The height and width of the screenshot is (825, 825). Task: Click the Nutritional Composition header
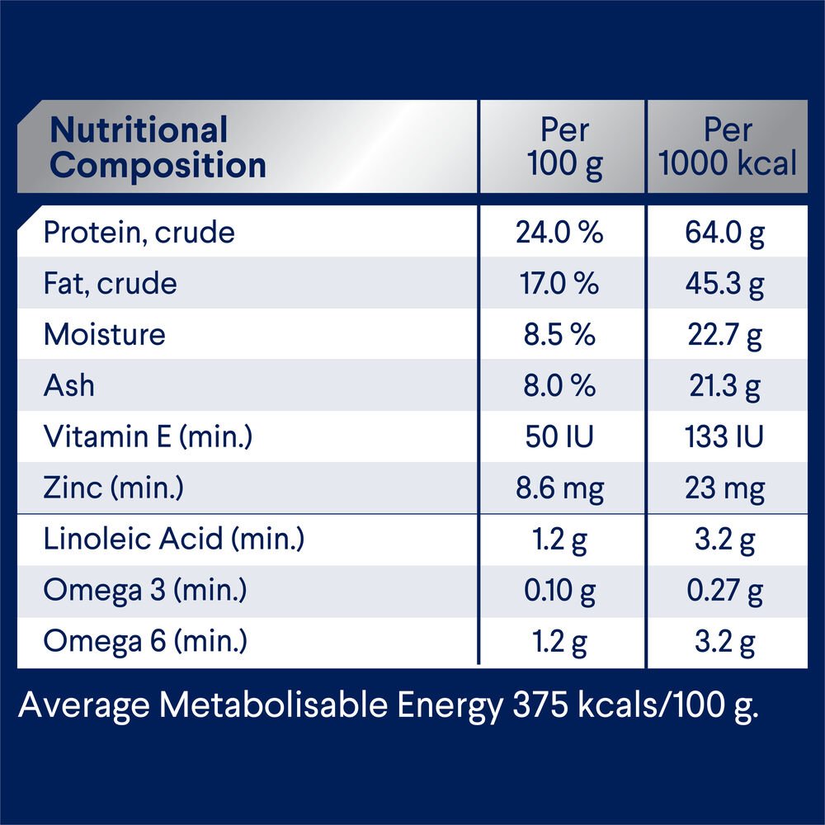pyautogui.click(x=158, y=148)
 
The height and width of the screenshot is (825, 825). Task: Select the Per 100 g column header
pyautogui.click(x=564, y=148)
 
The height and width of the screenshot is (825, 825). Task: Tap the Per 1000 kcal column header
pyautogui.click(x=728, y=148)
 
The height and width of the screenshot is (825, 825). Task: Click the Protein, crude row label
pyautogui.click(x=139, y=233)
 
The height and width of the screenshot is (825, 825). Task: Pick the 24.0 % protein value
pyautogui.click(x=559, y=233)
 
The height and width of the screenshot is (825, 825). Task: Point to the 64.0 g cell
pyautogui.click(x=725, y=233)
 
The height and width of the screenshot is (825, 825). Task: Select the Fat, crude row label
pyautogui.click(x=110, y=284)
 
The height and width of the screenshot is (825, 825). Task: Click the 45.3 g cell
pyautogui.click(x=725, y=284)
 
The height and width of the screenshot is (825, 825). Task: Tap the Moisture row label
pyautogui.click(x=104, y=335)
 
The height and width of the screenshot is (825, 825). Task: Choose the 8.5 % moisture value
pyautogui.click(x=559, y=335)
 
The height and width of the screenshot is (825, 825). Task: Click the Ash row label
pyautogui.click(x=68, y=385)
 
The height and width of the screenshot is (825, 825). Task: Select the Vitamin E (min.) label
pyautogui.click(x=147, y=437)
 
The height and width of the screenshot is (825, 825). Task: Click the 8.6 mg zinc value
pyautogui.click(x=559, y=488)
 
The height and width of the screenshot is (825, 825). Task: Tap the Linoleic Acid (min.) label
pyautogui.click(x=173, y=540)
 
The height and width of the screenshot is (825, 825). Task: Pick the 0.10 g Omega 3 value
pyautogui.click(x=559, y=591)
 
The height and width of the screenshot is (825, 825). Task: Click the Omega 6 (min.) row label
pyautogui.click(x=144, y=642)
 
